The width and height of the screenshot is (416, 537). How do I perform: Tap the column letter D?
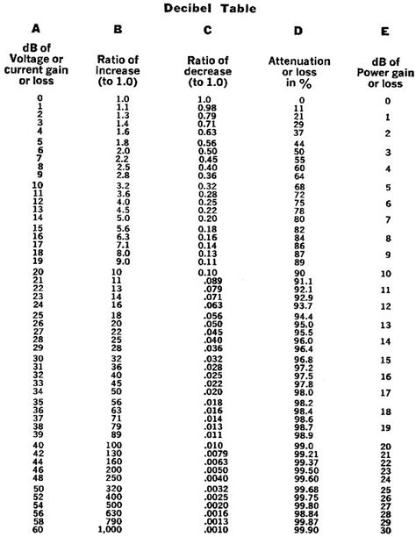coord(298,31)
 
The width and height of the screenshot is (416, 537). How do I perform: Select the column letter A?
coord(34,31)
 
